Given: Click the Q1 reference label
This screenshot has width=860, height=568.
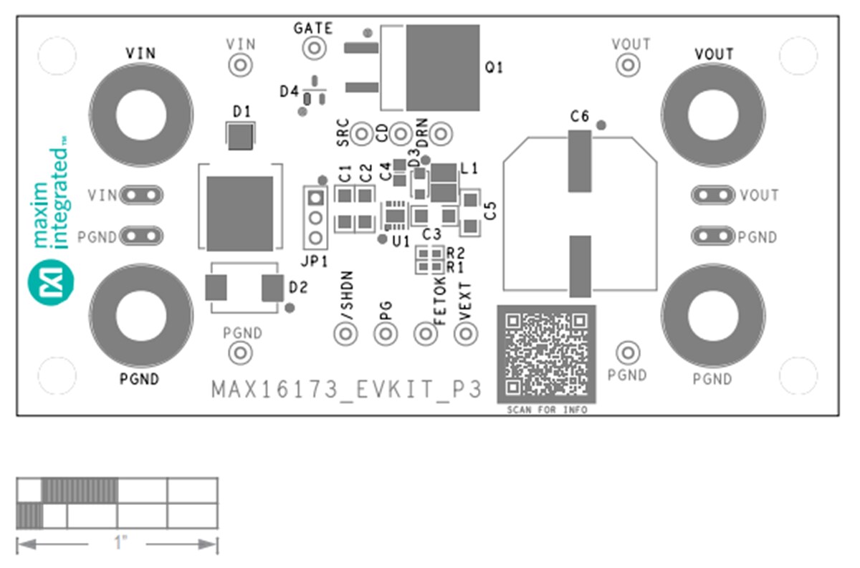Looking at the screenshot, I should coord(494,68).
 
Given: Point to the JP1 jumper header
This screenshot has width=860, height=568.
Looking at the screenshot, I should coord(314,217).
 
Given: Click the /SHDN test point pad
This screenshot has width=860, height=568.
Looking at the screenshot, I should coord(346,333).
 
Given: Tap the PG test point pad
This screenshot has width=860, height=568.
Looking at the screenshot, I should coord(386,333).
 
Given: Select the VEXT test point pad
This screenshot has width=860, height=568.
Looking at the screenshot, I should coord(467,333).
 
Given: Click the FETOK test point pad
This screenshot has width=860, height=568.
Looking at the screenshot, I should coord(426,333).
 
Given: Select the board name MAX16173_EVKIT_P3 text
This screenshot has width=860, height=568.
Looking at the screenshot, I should coord(346,390).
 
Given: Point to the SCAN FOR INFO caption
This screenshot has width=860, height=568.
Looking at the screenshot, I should coord(547,410).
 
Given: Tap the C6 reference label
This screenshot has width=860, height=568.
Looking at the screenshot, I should coord(579,115).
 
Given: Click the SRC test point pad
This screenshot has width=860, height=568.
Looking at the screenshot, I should coord(363,133).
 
